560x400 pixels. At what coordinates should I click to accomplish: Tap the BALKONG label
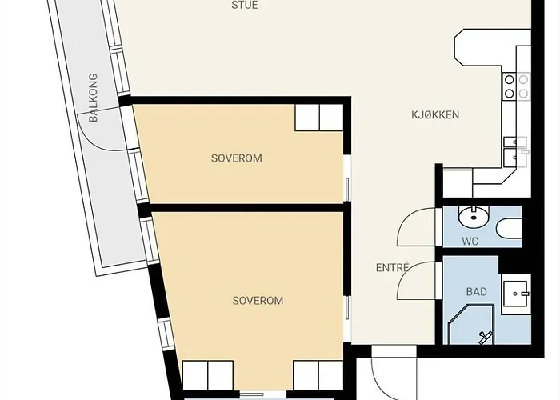click(x=94, y=98)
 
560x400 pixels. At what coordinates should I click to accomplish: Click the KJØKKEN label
click(x=434, y=115)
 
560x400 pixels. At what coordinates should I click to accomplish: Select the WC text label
click(x=470, y=242)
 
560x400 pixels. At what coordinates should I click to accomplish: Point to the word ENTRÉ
click(x=392, y=268)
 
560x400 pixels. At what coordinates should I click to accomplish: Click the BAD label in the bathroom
click(x=476, y=292)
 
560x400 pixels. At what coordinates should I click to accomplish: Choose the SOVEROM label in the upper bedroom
click(x=236, y=158)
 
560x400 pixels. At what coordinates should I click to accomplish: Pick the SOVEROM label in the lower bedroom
click(x=258, y=301)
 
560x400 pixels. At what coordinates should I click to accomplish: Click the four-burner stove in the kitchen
click(x=516, y=86)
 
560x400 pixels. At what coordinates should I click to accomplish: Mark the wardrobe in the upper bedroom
click(x=318, y=118)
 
